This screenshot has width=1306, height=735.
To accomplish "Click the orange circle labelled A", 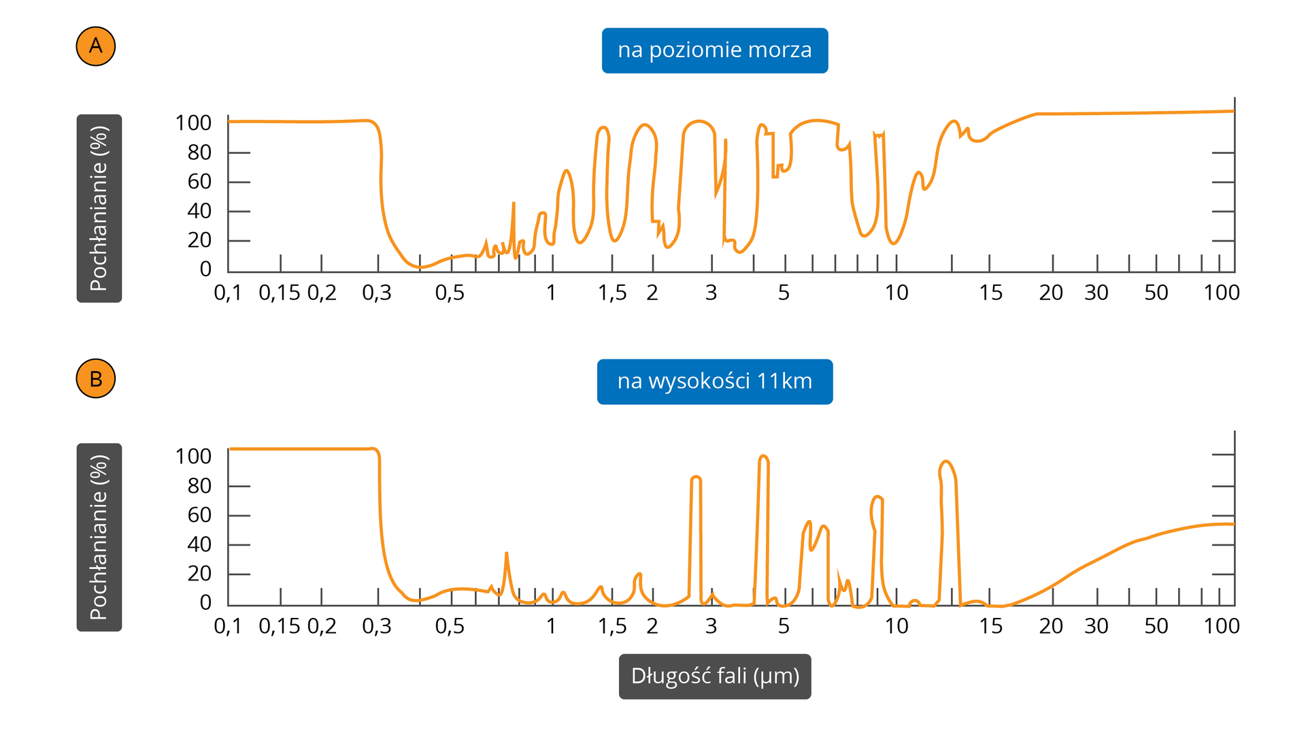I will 96,46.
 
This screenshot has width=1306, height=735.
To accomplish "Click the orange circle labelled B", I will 96,378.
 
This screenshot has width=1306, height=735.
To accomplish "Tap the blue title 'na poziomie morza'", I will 714,50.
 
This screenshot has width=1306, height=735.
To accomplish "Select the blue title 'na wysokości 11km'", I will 714,382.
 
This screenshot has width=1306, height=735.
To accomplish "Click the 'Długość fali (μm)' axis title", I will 714,676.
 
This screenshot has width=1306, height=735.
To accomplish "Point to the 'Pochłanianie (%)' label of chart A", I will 99,208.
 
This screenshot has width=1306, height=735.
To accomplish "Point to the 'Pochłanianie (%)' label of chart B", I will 99,537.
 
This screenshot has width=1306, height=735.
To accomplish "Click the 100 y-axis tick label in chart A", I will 193,123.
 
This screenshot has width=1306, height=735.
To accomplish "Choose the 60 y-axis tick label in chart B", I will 199,515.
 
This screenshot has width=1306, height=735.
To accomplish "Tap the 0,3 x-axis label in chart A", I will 377,293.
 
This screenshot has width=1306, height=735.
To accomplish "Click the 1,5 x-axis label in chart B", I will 612,626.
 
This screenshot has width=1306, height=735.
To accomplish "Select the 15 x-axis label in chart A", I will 990,293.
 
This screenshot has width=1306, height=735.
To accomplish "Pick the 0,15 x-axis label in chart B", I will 279,626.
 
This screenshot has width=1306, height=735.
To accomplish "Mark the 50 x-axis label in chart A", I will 1156,293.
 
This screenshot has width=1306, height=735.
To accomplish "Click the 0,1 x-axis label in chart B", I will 228,626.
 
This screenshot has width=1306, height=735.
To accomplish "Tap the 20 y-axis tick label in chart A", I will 199,240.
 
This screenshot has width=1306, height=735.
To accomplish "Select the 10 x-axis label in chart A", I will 897,293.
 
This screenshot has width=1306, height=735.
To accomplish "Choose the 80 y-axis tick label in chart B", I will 199,486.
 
